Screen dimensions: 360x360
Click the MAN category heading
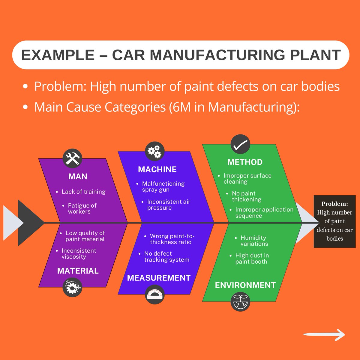(78, 176)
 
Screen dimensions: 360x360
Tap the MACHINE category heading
(157, 169)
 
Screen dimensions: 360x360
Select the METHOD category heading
(245, 162)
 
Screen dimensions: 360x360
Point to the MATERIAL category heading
(78, 271)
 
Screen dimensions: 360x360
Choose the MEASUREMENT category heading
(159, 278)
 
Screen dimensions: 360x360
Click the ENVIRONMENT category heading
(245, 285)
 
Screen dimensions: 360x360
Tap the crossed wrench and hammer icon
(72, 158)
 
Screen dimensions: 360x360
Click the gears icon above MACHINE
(155, 151)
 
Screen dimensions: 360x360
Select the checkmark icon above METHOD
(240, 144)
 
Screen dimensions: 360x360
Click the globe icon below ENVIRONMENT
(240, 302)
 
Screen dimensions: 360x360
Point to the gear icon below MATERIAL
(72, 287)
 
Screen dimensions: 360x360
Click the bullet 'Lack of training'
(83, 192)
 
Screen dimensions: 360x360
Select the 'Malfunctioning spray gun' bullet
(163, 187)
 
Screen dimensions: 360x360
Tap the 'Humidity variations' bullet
(254, 241)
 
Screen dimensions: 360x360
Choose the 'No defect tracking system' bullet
(166, 257)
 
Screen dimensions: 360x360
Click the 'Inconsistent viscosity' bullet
(79, 254)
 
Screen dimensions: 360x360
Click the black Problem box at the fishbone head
(334, 221)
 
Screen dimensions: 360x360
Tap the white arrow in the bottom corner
(324, 335)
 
